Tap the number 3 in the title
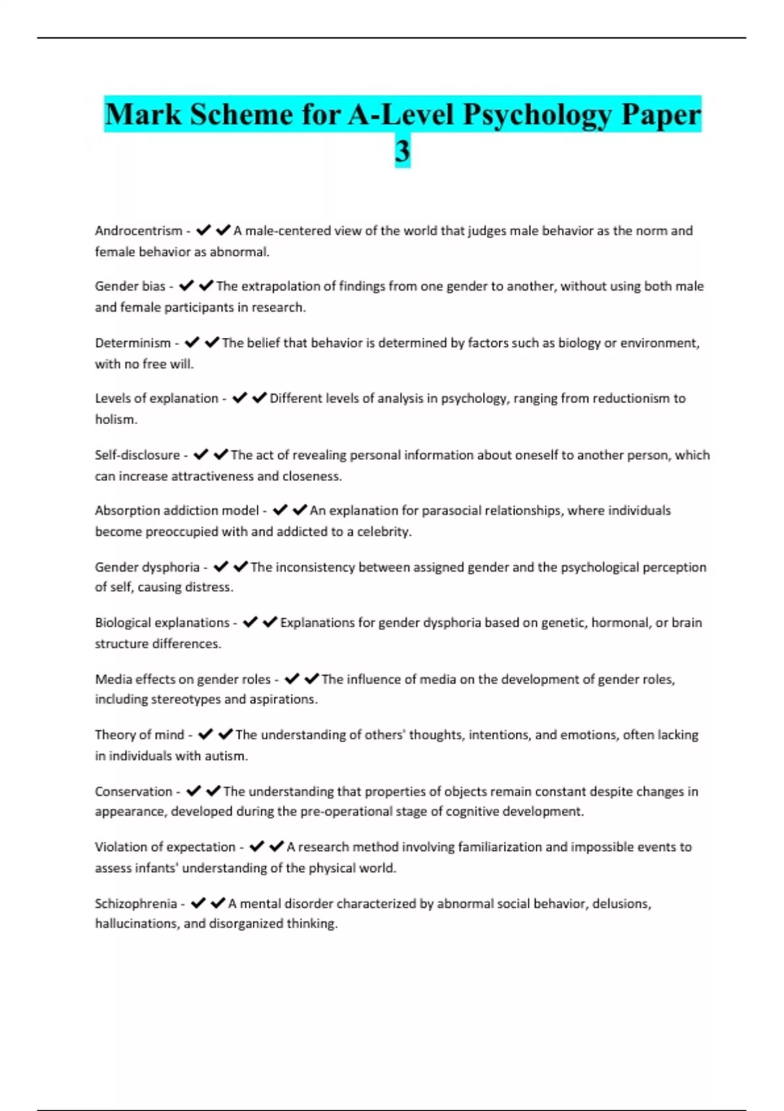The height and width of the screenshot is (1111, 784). click(402, 151)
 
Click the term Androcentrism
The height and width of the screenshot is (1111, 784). click(139, 231)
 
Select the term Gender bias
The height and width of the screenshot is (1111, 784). click(130, 286)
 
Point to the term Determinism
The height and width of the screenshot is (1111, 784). click(133, 343)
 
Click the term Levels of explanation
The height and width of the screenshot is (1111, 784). click(156, 399)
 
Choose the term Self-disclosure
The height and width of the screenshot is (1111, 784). click(137, 455)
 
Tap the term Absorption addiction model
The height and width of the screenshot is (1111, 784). click(176, 510)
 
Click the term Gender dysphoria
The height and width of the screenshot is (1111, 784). click(147, 567)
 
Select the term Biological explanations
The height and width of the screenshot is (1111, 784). click(162, 623)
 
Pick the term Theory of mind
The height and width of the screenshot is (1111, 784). click(139, 735)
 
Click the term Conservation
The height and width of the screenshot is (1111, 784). click(133, 791)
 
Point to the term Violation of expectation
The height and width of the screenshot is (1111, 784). click(165, 847)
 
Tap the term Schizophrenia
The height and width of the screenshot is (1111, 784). click(136, 904)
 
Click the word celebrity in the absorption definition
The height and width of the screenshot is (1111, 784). click(384, 531)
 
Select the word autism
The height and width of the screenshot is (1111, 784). click(226, 756)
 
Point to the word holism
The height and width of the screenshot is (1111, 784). click(116, 420)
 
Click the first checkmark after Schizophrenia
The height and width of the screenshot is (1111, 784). click(199, 903)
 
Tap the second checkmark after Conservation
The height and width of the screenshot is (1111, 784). click(214, 791)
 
